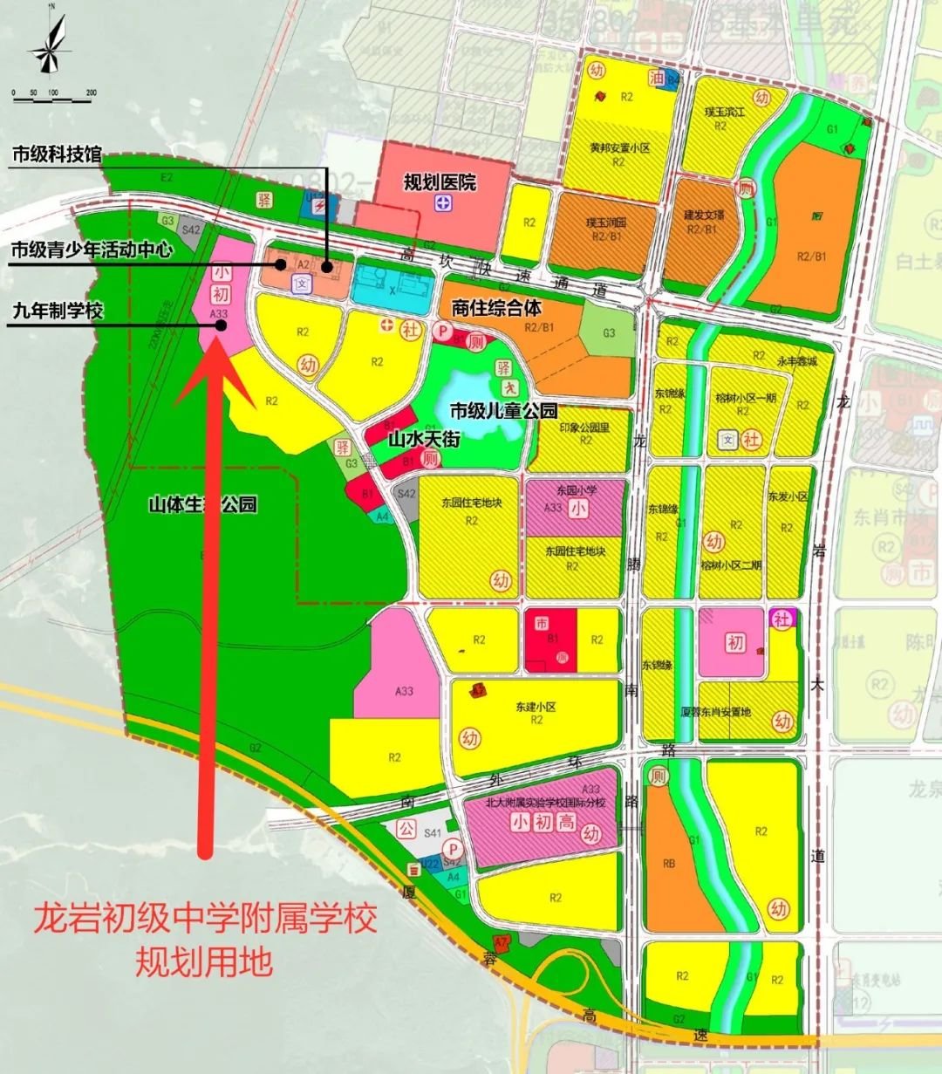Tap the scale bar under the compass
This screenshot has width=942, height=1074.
pyautogui.click(x=51, y=97)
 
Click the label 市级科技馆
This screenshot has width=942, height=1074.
pyautogui.click(x=56, y=155)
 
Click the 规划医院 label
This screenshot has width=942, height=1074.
pyautogui.click(x=440, y=182)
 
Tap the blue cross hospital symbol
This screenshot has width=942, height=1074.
pyautogui.click(x=444, y=202)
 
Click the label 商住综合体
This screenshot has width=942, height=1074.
pyautogui.click(x=496, y=307)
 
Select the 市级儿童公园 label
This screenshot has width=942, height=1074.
pyautogui.click(x=503, y=410)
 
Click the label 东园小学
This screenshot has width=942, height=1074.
pyautogui.click(x=575, y=490)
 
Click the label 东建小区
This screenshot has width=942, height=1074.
pyautogui.click(x=536, y=707)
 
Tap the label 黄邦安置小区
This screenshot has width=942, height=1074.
pyautogui.click(x=619, y=148)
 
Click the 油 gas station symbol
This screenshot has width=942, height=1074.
pyautogui.click(x=656, y=79)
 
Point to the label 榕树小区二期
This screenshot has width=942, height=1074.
pyautogui.click(x=731, y=565)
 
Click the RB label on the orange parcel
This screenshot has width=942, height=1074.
pyautogui.click(x=669, y=864)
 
